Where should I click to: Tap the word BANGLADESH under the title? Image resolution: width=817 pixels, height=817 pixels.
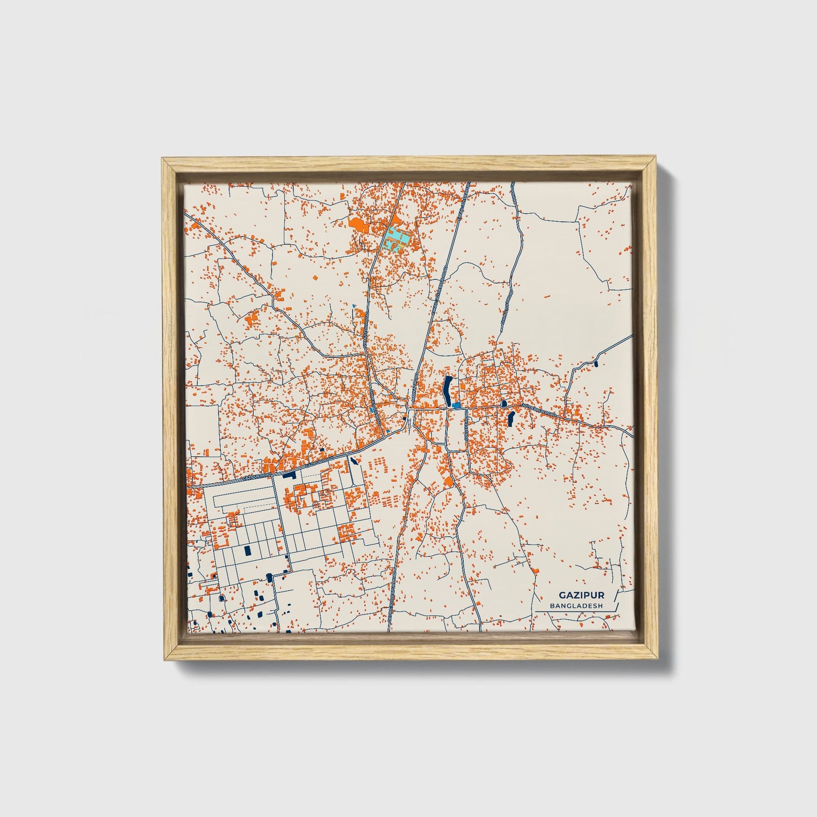[576, 606]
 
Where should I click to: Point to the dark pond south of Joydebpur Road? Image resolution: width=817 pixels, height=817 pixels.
[511, 419]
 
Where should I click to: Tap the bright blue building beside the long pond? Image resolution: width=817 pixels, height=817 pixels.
[456, 405]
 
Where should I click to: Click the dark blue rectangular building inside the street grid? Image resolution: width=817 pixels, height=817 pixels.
[247, 550]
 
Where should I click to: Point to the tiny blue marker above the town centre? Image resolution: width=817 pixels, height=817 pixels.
[354, 306]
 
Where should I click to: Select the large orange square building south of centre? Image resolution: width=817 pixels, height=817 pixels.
[448, 482]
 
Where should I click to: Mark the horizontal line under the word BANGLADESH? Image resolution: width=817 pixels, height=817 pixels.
[576, 611]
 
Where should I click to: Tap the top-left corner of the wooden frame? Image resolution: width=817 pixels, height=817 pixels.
[163, 159]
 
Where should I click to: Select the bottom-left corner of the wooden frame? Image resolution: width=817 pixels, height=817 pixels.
[163, 659]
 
